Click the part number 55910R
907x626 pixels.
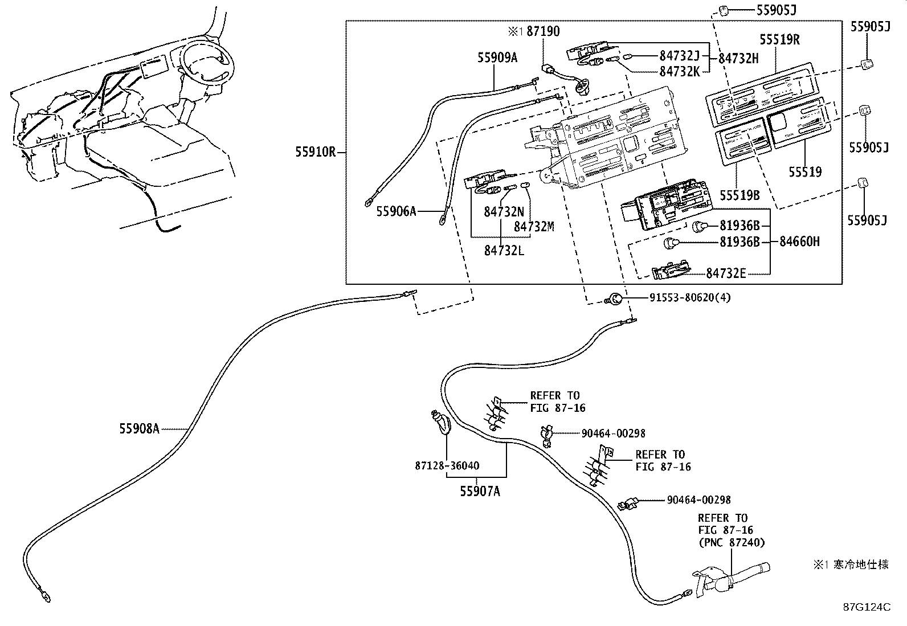(x=316, y=152)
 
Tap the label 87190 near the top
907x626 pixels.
(x=543, y=31)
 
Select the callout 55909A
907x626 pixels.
(x=497, y=58)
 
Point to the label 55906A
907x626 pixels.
(x=396, y=211)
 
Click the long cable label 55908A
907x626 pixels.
(x=139, y=428)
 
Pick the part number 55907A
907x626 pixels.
(x=480, y=491)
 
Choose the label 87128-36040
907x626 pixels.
(x=447, y=465)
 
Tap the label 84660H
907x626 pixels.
(x=800, y=242)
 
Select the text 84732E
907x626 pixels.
(x=726, y=273)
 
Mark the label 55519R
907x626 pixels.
(x=779, y=40)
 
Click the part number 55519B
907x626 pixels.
(x=740, y=195)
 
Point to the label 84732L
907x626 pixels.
(x=504, y=251)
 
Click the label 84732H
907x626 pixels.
(x=738, y=59)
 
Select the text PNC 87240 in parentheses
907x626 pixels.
(x=732, y=542)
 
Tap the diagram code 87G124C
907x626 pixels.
(x=867, y=607)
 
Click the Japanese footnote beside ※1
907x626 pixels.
(x=861, y=564)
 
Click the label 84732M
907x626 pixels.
(x=534, y=227)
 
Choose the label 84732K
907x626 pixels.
(x=680, y=72)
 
